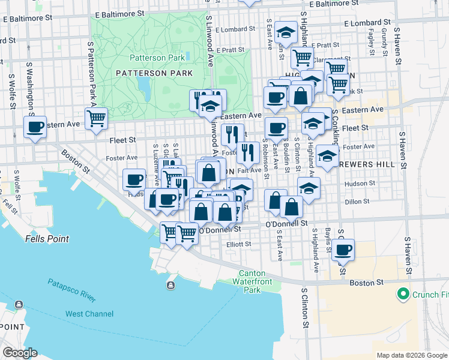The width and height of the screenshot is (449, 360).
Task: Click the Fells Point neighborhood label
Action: tap(47, 238)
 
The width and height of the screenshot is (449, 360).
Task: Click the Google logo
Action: tap(20, 353)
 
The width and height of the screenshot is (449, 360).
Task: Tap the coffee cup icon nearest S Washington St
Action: tap(34, 127)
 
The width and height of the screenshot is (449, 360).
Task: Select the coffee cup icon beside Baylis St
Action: tap(343, 249)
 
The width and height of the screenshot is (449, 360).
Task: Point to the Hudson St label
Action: tap(360, 184)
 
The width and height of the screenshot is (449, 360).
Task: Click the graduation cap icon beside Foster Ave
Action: tap(327, 156)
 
